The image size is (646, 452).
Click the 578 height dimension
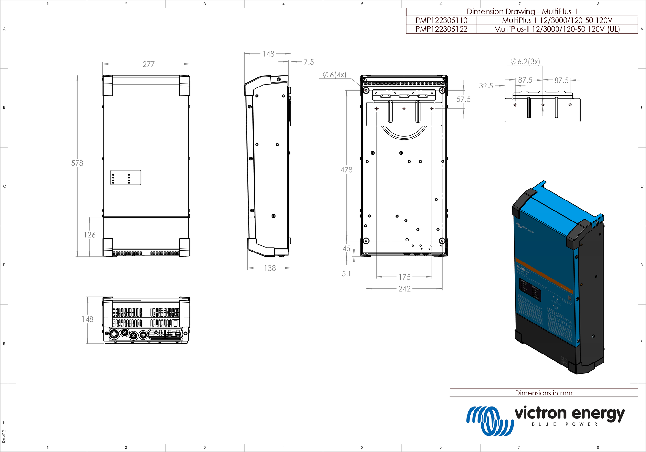pos(77,163)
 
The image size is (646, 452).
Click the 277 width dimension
pos(149,64)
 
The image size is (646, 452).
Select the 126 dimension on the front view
pos(89,235)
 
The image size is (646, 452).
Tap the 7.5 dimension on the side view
pos(308,62)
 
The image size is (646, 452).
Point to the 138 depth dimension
pos(270,268)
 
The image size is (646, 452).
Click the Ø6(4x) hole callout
pos(334,75)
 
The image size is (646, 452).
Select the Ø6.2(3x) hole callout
pos(525,61)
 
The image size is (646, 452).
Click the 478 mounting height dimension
pos(347,170)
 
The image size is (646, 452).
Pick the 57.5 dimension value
pos(463,99)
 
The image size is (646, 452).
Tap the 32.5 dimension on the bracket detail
pos(486,86)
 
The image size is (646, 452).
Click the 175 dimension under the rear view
pos(404,277)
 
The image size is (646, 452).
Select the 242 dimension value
pos(404,289)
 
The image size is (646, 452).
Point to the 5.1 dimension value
pos(346,274)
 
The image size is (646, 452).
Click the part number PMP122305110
pos(441,20)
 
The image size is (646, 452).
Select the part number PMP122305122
pos(441,29)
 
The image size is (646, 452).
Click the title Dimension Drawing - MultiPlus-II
pos(522,12)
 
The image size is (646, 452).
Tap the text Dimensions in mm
pos(544,393)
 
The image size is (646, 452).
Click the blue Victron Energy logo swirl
pos(489,420)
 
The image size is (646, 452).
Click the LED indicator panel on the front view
pos(125,178)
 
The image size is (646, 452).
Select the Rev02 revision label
pos(4,437)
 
